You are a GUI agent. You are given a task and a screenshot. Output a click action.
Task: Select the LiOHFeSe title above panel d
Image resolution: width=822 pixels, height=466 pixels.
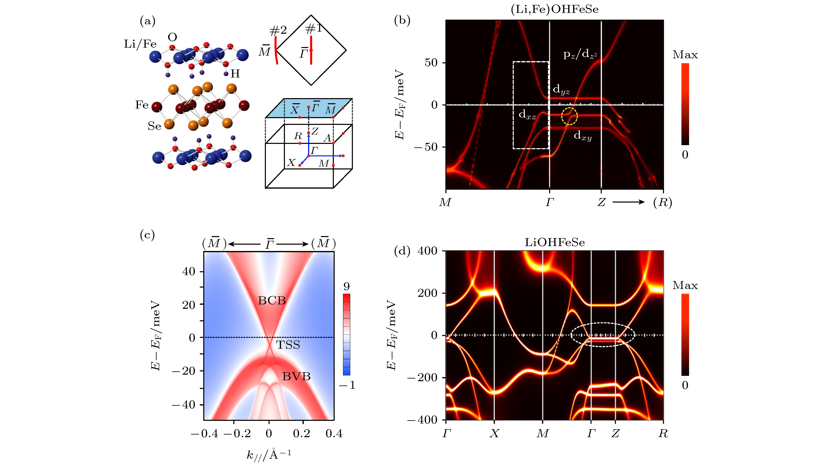point(555,243)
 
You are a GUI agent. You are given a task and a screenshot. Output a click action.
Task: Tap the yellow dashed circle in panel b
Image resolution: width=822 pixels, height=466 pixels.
point(569,116)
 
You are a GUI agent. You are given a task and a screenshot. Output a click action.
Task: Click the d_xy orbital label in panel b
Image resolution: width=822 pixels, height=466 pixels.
point(582,136)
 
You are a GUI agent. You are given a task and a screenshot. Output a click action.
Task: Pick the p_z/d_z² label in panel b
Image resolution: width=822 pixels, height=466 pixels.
point(580,55)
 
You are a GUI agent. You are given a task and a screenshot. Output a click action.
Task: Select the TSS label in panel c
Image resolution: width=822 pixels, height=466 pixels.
point(288,345)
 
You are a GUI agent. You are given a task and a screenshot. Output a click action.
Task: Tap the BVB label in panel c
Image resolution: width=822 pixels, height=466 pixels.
point(296,376)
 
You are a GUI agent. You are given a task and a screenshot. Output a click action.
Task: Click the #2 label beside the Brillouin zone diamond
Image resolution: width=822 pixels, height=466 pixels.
point(278,30)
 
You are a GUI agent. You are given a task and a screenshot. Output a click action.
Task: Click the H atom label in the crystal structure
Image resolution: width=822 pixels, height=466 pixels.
point(235,74)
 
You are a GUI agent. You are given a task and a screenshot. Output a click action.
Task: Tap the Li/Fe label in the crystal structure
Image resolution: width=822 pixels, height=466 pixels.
point(140,44)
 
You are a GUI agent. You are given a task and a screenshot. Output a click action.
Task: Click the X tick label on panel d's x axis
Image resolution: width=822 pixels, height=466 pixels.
point(495,433)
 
